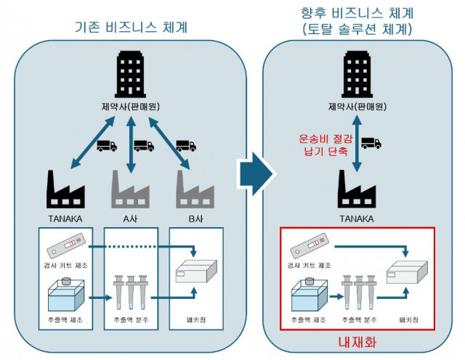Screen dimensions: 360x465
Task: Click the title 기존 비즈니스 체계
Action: point(132,28)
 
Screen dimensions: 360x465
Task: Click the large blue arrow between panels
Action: point(256,173)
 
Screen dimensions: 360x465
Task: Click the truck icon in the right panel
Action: point(371,143)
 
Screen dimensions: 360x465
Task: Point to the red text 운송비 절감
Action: point(323,138)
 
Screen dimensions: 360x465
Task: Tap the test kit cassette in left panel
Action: point(66,247)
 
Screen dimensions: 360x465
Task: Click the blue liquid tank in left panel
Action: point(67,295)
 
